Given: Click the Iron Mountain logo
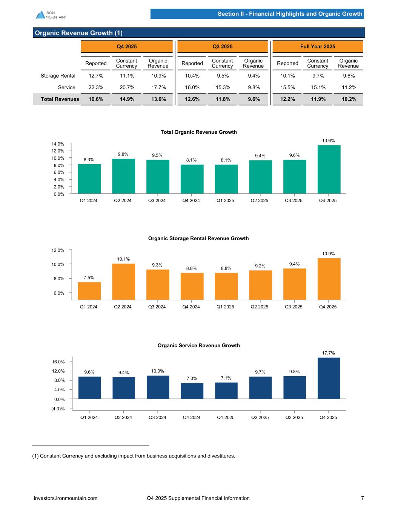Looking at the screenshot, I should point(51,14).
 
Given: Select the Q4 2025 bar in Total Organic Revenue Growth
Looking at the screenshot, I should point(329,169).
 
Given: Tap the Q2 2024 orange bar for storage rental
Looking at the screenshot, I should point(123,281).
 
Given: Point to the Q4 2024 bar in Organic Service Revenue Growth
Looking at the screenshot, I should point(192,390).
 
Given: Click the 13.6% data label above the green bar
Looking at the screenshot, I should point(328,140).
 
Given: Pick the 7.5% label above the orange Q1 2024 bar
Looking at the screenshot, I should point(89,278).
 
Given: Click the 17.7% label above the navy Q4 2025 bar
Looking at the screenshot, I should point(329,353).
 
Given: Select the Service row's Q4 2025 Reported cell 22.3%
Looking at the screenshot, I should point(96,87).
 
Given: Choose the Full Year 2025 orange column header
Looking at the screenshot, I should point(318,47).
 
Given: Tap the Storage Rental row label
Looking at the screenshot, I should point(58,76).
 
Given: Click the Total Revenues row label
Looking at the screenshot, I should point(57,99).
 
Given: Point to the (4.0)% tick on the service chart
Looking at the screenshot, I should point(58,409).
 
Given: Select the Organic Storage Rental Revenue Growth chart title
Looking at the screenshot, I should point(198,238).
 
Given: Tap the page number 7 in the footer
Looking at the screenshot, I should point(363,498).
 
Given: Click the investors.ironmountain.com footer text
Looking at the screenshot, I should point(66,498).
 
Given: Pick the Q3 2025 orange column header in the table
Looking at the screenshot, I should point(223,47).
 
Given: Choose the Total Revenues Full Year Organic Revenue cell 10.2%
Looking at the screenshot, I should point(348,99).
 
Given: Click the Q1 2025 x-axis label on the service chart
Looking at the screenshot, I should point(226,417).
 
